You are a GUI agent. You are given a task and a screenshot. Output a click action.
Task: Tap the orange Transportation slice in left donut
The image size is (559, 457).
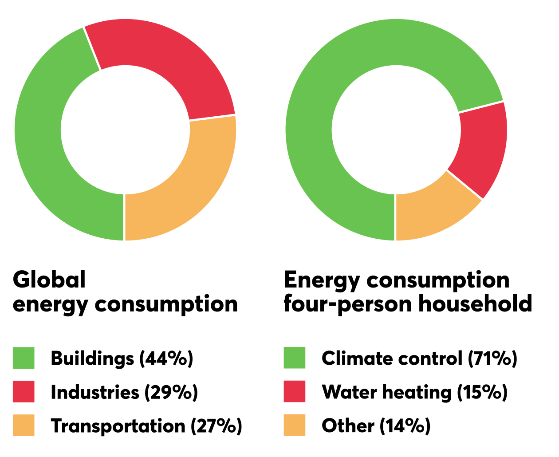[x=186, y=186]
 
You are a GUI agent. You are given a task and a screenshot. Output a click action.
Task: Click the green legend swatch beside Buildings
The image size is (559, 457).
[x=24, y=358]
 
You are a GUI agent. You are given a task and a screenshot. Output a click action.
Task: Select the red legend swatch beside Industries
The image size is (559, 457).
[x=24, y=392]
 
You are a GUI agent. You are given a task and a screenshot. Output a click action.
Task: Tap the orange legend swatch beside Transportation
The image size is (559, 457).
[x=24, y=425]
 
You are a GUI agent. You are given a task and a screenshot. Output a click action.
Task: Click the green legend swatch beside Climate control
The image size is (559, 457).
[x=295, y=358]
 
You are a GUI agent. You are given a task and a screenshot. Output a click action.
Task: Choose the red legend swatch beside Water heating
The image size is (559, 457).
[x=295, y=392]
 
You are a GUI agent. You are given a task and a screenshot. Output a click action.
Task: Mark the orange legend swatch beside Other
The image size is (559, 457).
[x=295, y=425]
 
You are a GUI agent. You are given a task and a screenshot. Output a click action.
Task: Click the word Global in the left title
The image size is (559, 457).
[x=49, y=280]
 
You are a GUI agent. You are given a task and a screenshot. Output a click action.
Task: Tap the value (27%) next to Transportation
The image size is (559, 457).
[x=217, y=426]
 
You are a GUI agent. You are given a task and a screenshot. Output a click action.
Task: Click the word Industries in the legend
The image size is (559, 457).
[x=95, y=392]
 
